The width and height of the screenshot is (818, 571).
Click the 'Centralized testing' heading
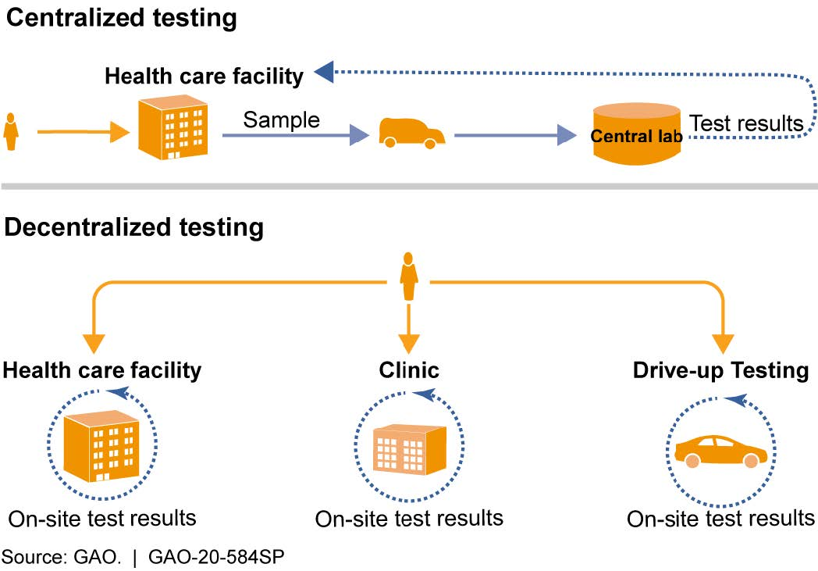tap(121, 19)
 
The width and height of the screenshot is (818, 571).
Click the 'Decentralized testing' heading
tap(133, 227)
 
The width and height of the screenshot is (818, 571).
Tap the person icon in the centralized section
tap(12, 132)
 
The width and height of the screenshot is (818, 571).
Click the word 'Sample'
tap(281, 120)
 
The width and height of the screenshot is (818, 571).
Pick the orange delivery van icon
tap(411, 133)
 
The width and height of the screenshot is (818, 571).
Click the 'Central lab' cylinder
tap(636, 135)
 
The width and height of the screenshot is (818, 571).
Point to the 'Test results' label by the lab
tap(747, 123)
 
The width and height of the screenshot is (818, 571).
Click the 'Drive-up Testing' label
tap(720, 369)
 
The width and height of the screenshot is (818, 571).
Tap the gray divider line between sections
tap(409, 187)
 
